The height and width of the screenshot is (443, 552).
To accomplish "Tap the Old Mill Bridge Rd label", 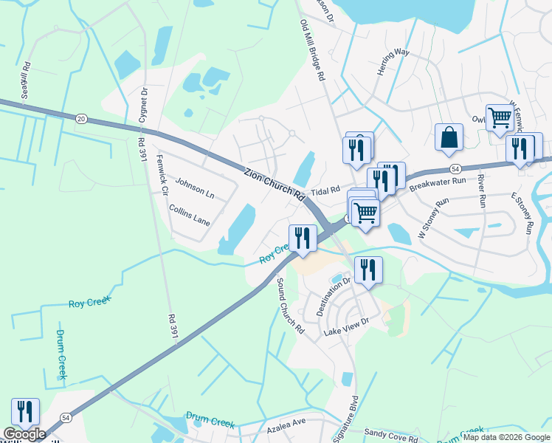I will [312, 51].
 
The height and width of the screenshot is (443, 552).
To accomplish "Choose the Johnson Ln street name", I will [195, 190].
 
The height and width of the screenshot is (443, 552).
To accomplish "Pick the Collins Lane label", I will [190, 216].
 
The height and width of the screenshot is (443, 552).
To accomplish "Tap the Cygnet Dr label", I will [145, 106].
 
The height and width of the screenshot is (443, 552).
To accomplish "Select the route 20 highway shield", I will [81, 118].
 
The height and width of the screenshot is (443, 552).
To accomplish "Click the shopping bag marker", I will [449, 137].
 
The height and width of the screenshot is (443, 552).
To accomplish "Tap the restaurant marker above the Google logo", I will [25, 411].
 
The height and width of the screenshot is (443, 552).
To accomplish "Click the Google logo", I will [24, 434].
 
